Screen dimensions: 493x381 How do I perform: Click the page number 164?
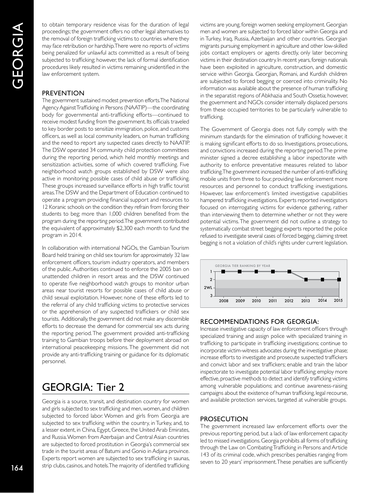point(16,468)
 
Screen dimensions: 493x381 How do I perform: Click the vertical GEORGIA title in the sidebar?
point(17,56)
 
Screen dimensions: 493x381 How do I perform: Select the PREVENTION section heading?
point(63,93)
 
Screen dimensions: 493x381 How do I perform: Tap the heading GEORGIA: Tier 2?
point(83,387)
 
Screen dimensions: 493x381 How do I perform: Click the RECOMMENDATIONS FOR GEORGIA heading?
point(259,321)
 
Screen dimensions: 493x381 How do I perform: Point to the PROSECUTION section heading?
point(224,419)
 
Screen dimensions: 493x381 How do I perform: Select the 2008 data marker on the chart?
point(223,271)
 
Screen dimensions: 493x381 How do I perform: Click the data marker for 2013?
point(306,279)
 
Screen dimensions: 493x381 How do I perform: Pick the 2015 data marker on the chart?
point(339,279)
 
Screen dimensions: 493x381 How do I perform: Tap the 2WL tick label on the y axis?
point(208,288)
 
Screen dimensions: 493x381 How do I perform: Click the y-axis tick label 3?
point(211,296)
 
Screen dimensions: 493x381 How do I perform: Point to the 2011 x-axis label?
point(273,301)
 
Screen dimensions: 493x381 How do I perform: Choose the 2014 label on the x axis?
point(322,301)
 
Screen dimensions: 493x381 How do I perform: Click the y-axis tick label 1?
point(211,271)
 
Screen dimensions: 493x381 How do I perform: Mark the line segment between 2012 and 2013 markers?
point(298,275)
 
